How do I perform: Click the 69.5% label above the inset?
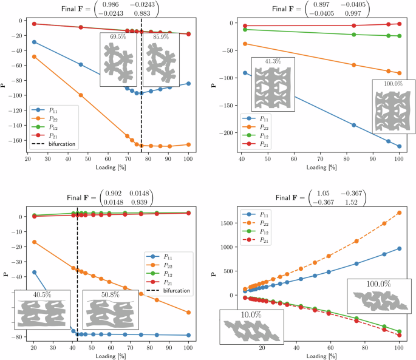point(118,37)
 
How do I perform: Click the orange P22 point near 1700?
point(399,213)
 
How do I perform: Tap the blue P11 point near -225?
point(399,146)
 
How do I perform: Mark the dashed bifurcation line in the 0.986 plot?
point(142,121)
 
